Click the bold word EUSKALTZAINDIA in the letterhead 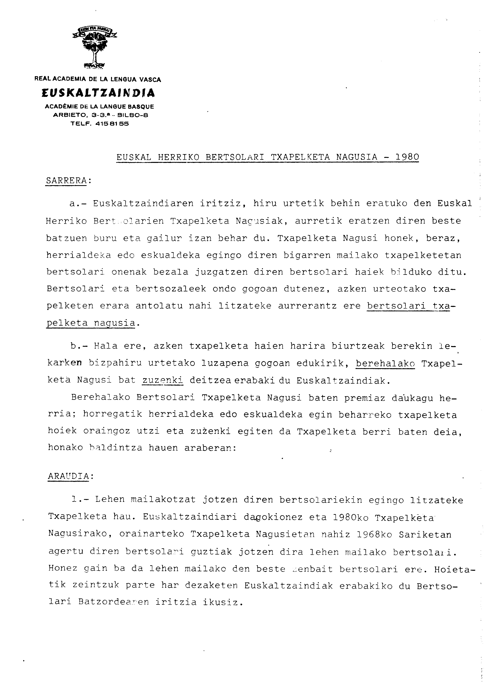[98, 93]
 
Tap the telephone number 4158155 [112, 123]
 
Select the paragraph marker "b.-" [79, 346]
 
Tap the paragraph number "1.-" [80, 499]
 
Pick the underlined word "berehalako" [385, 363]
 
